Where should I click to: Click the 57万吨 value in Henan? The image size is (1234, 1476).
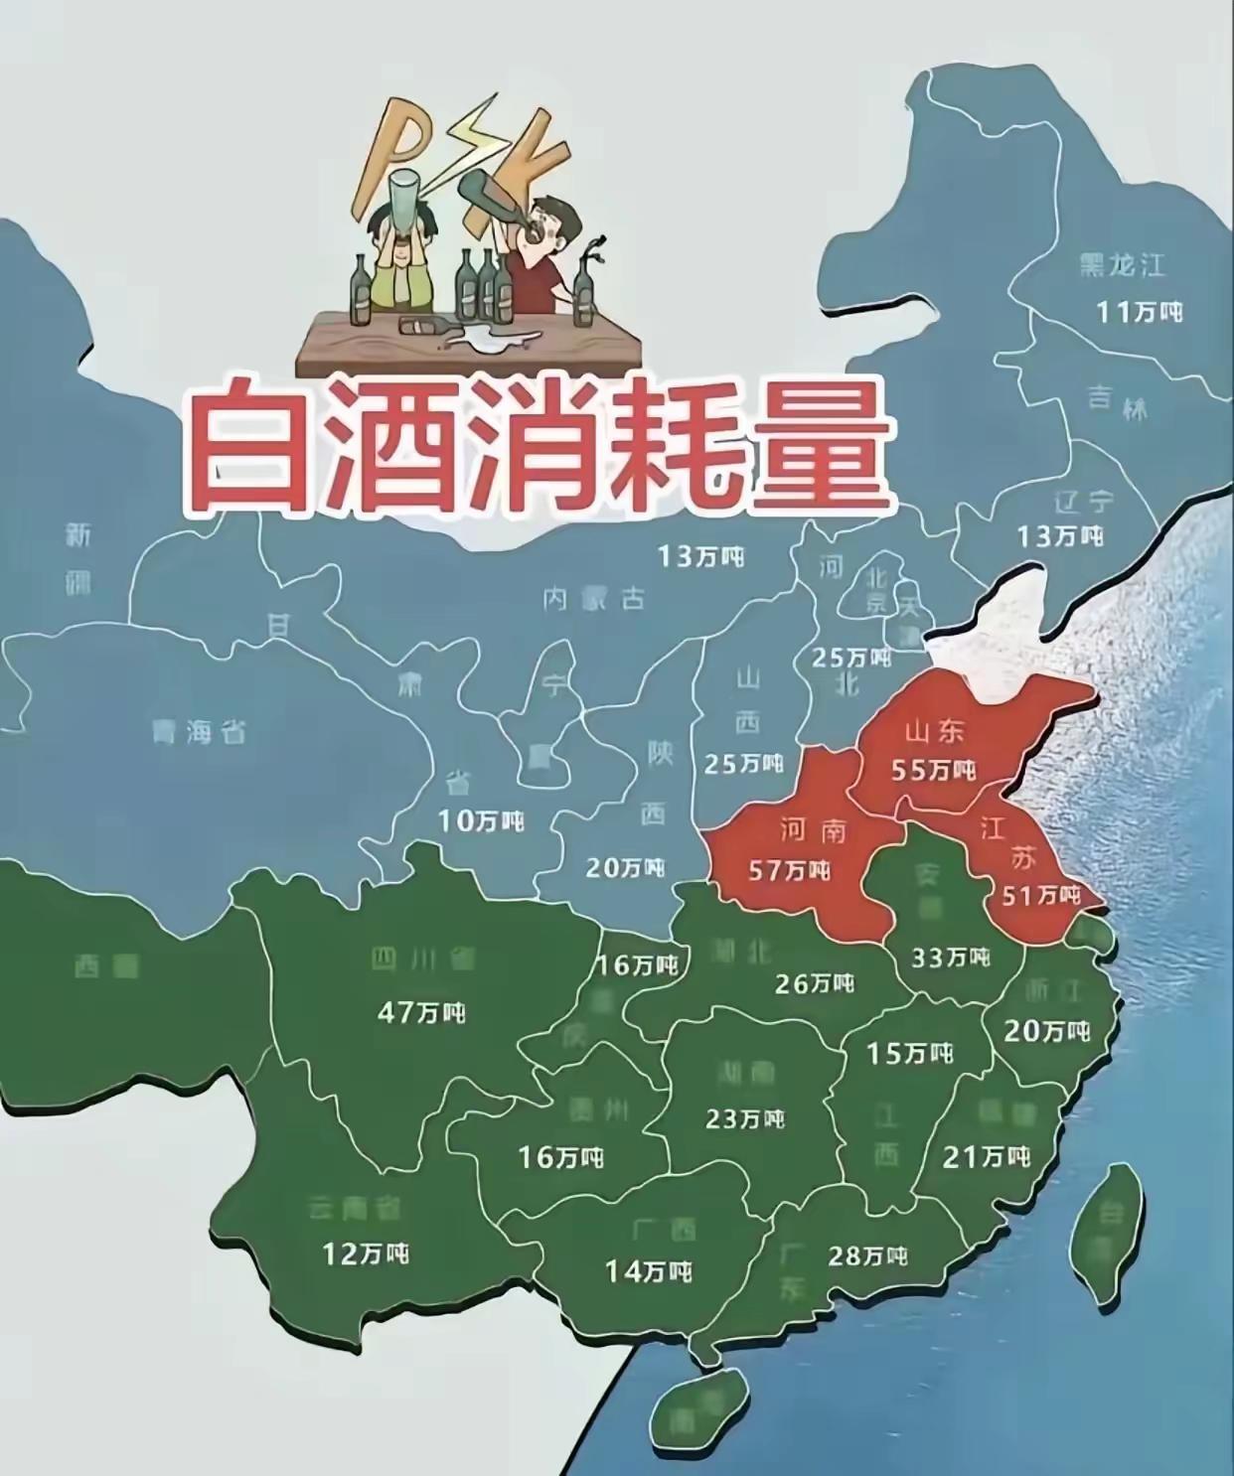click(x=789, y=871)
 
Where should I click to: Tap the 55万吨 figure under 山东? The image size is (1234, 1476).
click(x=933, y=770)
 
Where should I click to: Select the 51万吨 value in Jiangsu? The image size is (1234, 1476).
click(x=1040, y=895)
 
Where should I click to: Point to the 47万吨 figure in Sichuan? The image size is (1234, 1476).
click(x=421, y=1012)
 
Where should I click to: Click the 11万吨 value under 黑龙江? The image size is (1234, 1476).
click(x=1139, y=311)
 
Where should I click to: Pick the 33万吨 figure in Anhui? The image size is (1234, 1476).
click(x=951, y=957)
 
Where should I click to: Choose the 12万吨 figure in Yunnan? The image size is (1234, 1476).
click(x=366, y=1254)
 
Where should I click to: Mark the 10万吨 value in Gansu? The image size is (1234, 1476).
click(x=481, y=820)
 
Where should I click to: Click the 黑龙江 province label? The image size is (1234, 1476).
click(x=1123, y=265)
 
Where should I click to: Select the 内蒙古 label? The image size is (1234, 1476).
click(x=594, y=598)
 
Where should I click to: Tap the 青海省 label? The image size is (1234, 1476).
click(x=199, y=733)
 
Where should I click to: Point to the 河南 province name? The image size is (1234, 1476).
click(x=812, y=829)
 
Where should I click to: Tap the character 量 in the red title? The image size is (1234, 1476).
click(x=821, y=444)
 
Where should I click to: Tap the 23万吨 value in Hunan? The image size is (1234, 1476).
click(x=745, y=1118)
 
